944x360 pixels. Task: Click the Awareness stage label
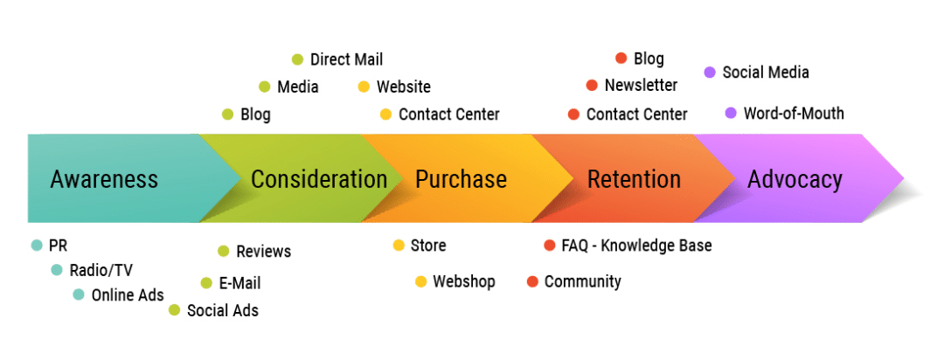(104, 180)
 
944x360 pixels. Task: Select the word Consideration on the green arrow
(318, 180)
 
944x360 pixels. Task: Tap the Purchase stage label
(461, 180)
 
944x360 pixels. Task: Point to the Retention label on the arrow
(634, 180)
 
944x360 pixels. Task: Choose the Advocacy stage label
(795, 180)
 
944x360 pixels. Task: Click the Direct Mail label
(346, 59)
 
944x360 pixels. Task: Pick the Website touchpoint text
(403, 87)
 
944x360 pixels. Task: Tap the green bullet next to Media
(264, 87)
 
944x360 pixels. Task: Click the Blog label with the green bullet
(255, 114)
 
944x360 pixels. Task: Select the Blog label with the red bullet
(649, 59)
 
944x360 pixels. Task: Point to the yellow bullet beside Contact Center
(385, 114)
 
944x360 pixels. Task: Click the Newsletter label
(641, 86)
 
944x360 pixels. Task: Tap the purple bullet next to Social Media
(710, 73)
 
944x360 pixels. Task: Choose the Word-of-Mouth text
(794, 114)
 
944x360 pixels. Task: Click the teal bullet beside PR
(36, 246)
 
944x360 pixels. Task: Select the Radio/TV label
(101, 270)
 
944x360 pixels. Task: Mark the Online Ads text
(128, 295)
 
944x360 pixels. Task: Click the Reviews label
(263, 252)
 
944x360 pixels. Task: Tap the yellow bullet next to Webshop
(420, 281)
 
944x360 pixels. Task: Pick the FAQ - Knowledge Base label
(636, 246)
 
